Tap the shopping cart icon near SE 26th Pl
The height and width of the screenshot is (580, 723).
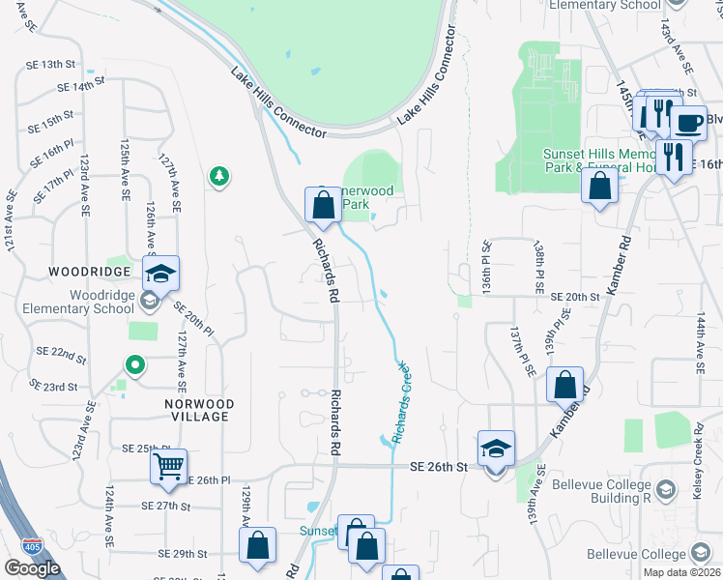click(x=168, y=468)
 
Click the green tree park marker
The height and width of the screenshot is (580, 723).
click(x=219, y=175)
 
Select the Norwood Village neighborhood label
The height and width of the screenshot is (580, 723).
click(x=198, y=410)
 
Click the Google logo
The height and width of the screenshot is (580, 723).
click(x=32, y=567)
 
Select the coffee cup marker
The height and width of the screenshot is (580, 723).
click(x=689, y=123)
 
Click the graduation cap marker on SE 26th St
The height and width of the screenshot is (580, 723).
click(x=496, y=449)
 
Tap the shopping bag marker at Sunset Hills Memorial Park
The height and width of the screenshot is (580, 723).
click(x=600, y=185)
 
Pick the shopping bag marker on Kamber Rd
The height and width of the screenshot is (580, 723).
click(x=564, y=384)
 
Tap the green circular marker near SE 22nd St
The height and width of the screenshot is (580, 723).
click(x=136, y=365)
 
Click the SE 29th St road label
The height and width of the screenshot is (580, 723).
click(x=183, y=554)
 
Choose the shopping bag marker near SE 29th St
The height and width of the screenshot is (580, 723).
click(x=258, y=546)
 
